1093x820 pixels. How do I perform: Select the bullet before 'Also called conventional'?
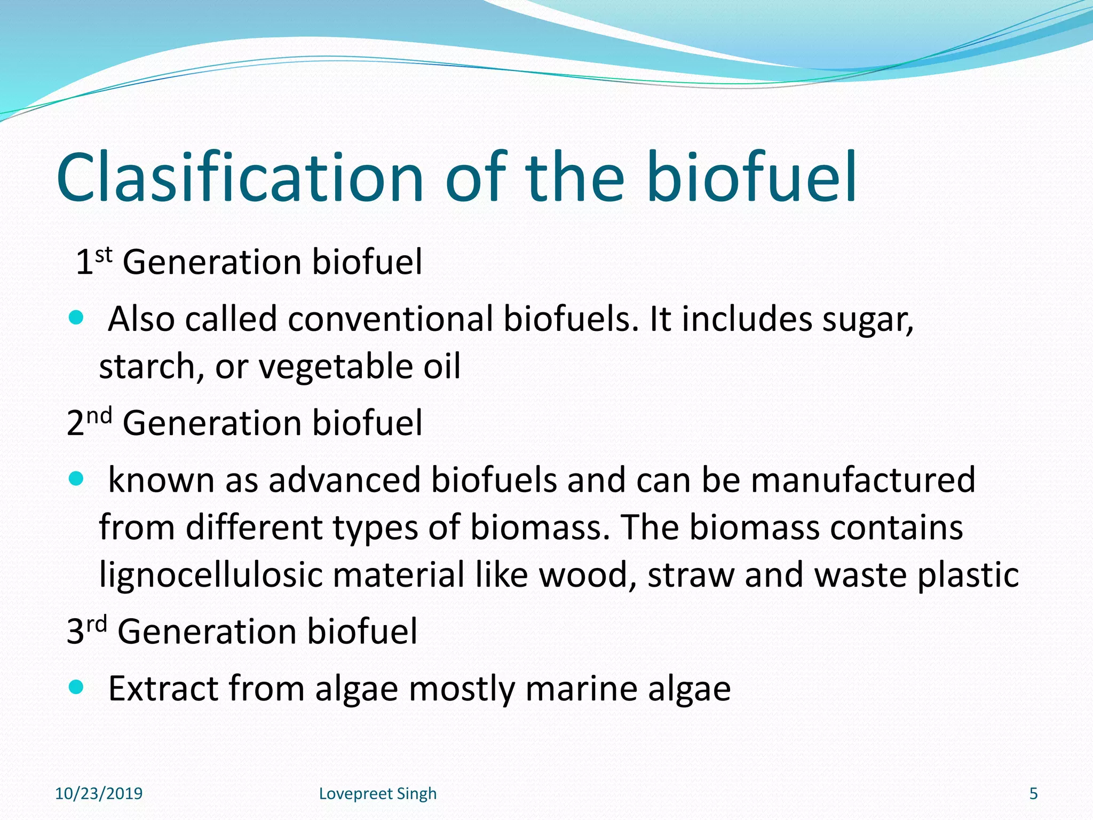point(77,318)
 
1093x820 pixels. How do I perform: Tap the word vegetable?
point(335,367)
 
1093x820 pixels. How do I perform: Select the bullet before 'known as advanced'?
point(77,478)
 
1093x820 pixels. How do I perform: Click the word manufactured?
point(863,479)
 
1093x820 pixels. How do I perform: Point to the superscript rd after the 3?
point(97,623)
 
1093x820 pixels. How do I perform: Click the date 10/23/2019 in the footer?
point(99,794)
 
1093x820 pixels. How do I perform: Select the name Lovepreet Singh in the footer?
point(378,794)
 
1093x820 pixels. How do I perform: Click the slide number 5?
point(1033,794)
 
